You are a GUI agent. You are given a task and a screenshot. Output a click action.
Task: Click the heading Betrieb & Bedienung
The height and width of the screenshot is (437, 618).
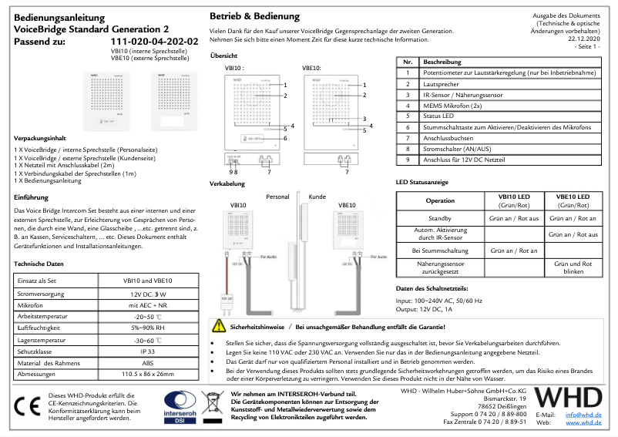point(255,16)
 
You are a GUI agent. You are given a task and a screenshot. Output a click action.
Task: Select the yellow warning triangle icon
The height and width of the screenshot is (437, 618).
point(219,326)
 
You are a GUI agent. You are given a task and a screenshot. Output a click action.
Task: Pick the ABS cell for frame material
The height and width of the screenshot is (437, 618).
point(147,361)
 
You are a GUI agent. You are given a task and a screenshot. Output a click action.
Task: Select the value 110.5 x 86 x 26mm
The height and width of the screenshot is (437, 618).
point(147,374)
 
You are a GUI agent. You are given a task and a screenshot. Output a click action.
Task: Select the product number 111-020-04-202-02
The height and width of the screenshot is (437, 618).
point(160,42)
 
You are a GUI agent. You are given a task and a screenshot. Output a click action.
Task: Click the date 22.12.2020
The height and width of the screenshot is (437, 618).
point(583,37)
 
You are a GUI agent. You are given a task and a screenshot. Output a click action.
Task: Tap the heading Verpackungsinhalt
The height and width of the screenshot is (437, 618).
point(44,134)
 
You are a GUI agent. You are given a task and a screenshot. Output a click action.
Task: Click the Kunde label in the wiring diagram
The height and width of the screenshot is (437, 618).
point(317,197)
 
